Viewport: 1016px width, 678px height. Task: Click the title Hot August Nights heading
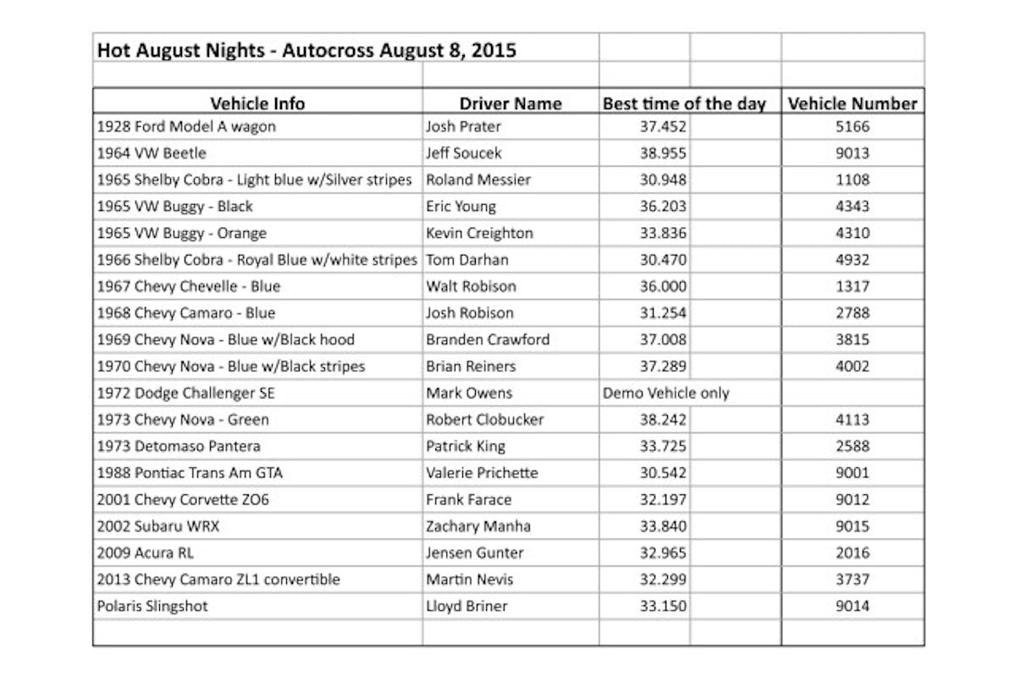(x=306, y=50)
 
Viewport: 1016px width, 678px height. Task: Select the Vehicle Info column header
(x=257, y=103)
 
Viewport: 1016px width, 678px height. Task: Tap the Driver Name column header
(x=511, y=103)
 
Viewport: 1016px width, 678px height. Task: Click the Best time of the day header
(x=684, y=103)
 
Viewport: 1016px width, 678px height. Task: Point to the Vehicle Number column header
(x=852, y=103)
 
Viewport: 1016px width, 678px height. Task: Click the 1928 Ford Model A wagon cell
(x=186, y=127)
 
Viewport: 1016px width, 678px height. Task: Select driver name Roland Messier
(x=478, y=179)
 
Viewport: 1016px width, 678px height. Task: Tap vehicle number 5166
(x=851, y=127)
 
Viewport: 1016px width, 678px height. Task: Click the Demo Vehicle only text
(x=665, y=393)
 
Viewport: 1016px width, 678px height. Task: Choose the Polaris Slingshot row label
(x=152, y=605)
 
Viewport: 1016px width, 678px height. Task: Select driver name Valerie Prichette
(x=482, y=472)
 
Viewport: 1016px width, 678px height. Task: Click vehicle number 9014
(x=851, y=605)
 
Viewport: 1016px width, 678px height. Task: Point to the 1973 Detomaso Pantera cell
(x=179, y=446)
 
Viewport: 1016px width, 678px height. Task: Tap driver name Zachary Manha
(x=478, y=526)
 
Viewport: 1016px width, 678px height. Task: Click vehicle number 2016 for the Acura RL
(x=851, y=553)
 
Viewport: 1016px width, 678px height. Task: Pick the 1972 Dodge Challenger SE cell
(x=185, y=393)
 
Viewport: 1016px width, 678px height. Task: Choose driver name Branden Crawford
(x=488, y=339)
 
